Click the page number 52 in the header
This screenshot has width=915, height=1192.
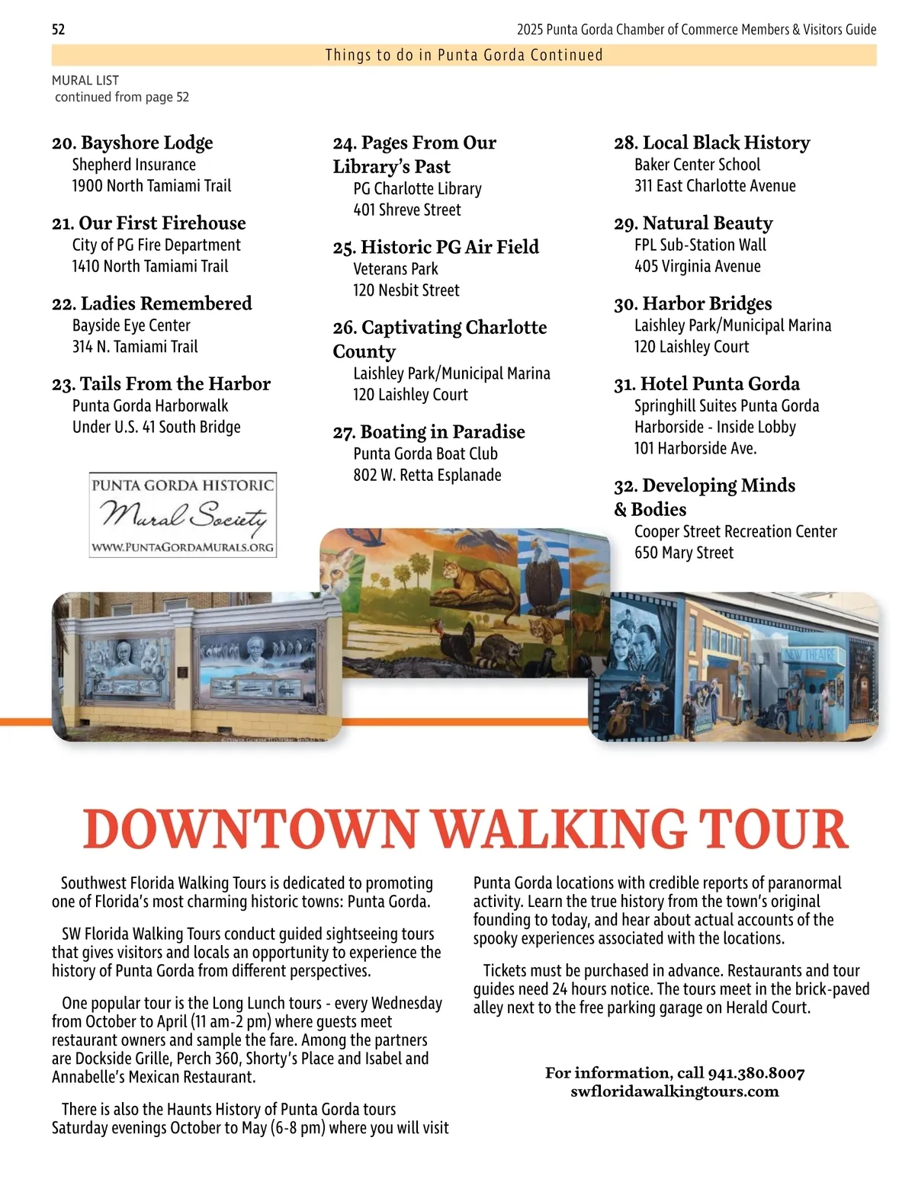[x=59, y=30]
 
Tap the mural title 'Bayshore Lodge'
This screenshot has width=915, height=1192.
[x=146, y=143]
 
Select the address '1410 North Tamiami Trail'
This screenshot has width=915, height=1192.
[x=150, y=266]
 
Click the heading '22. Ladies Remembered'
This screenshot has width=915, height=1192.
[x=152, y=303]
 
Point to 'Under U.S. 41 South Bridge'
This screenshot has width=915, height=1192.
[x=156, y=427]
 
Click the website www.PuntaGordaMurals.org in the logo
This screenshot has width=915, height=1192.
[x=182, y=546]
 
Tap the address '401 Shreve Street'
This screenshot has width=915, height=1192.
[x=407, y=210]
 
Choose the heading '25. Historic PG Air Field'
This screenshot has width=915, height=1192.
[x=436, y=247]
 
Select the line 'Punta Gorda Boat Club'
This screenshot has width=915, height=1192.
[x=425, y=453]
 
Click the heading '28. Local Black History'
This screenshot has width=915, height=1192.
[x=712, y=143]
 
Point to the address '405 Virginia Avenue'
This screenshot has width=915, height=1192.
[x=698, y=266]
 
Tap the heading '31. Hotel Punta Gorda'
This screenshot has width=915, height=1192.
[x=707, y=383]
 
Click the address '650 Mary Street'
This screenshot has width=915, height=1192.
[x=684, y=553]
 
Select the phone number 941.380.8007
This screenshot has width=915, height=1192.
[x=756, y=1073]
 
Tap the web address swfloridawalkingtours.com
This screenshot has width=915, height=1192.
[x=675, y=1091]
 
